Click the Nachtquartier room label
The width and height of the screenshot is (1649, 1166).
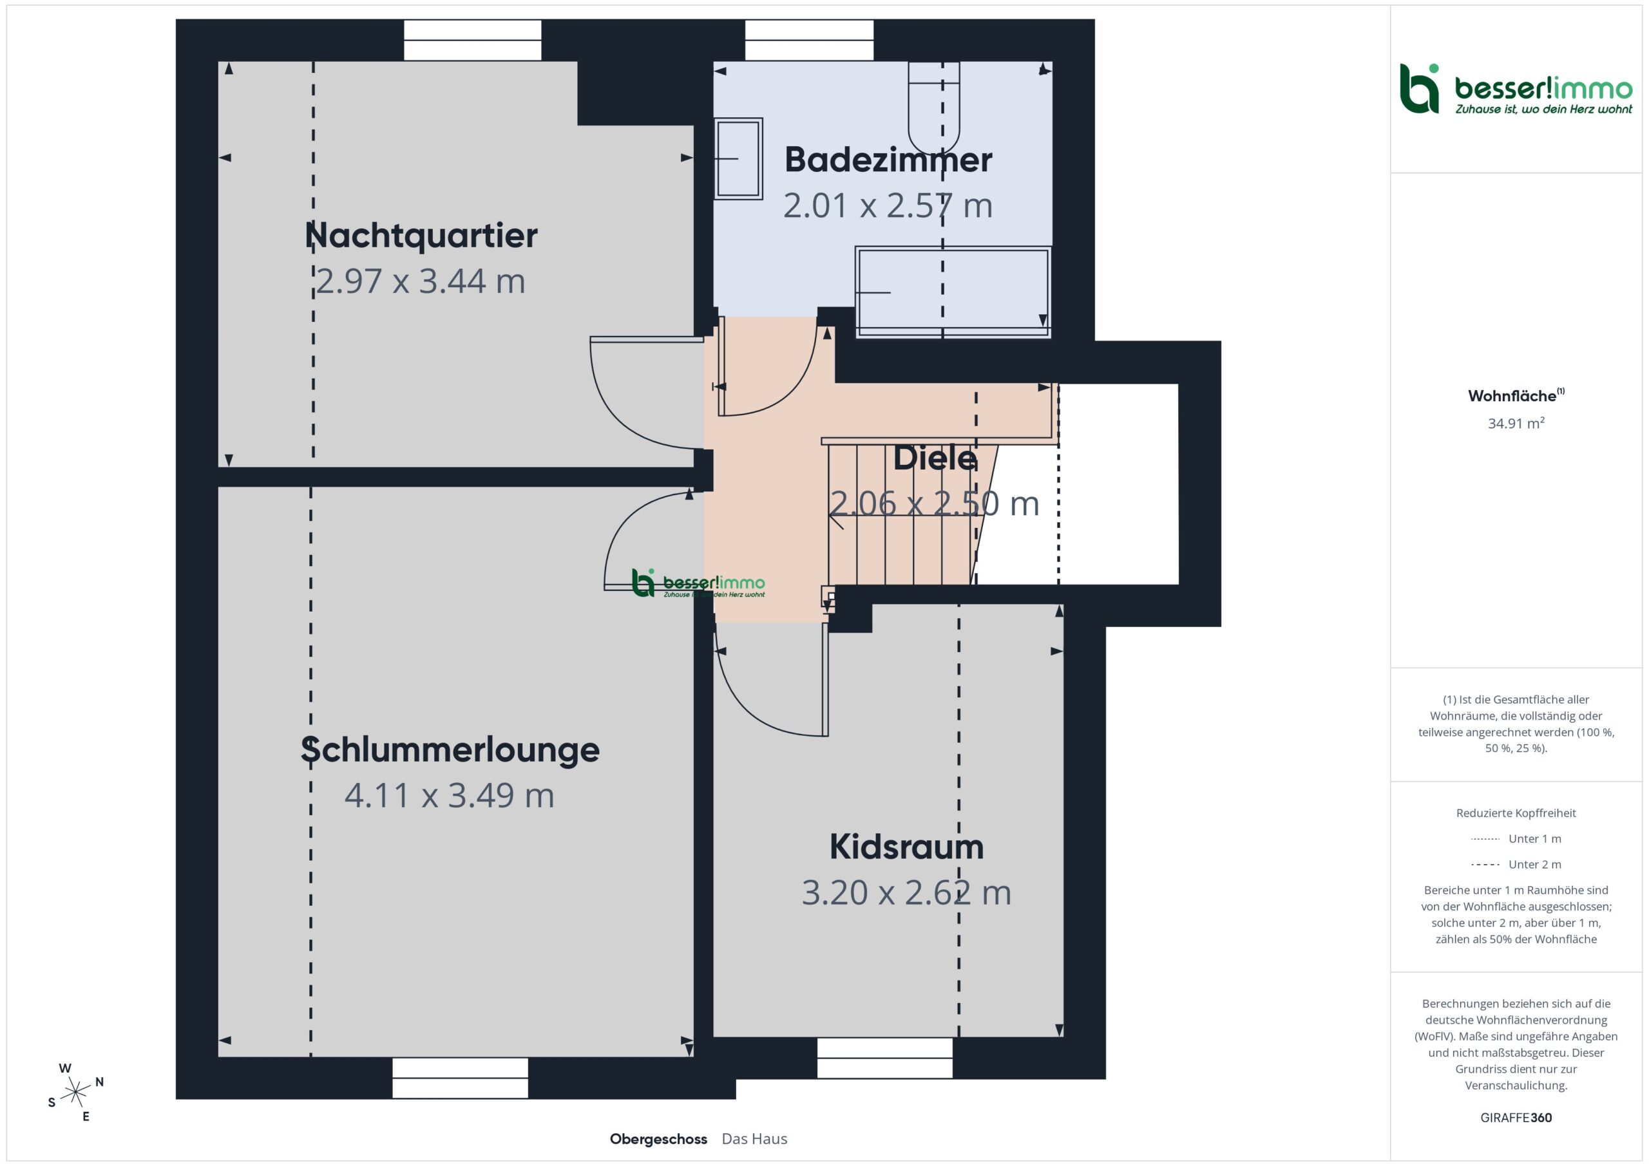click(x=421, y=236)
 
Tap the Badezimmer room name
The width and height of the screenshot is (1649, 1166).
click(x=888, y=160)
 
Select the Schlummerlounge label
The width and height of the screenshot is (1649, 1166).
click(x=450, y=749)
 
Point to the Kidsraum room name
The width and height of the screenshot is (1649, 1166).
click(x=906, y=847)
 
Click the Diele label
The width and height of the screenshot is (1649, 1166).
click(x=935, y=458)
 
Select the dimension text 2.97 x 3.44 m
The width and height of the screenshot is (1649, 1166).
click(x=421, y=281)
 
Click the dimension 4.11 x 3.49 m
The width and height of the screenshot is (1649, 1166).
click(x=450, y=795)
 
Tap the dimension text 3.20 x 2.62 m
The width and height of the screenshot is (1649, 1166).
click(x=906, y=892)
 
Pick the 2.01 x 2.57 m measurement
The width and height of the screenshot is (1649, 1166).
click(x=888, y=205)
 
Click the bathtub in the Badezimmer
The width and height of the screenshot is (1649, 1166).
click(x=953, y=292)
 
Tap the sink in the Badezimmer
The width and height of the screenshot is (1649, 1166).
click(x=738, y=158)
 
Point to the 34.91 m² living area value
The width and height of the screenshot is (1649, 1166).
click(x=1516, y=423)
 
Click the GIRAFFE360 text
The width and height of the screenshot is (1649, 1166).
click(x=1516, y=1118)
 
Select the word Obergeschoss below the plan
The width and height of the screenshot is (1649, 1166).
click(x=658, y=1140)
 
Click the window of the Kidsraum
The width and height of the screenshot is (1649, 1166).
click(x=885, y=1058)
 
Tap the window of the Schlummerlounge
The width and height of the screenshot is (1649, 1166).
click(x=461, y=1078)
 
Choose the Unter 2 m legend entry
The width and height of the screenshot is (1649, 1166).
click(x=1516, y=865)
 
